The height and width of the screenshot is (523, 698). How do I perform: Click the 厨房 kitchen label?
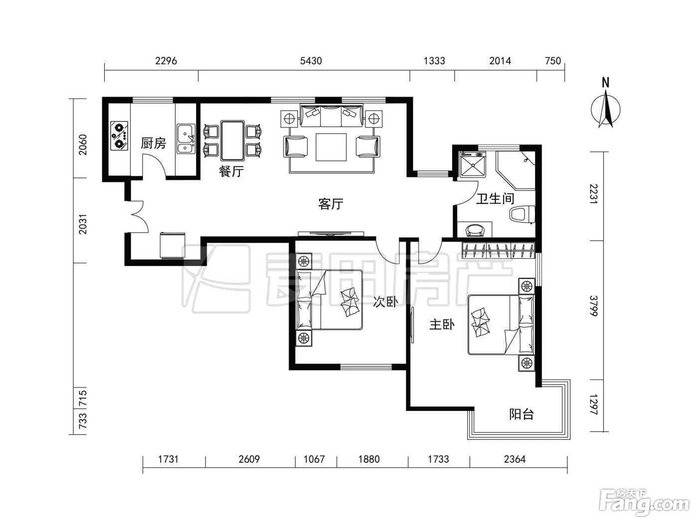click(153, 143)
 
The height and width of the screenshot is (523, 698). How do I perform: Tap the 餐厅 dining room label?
click(231, 171)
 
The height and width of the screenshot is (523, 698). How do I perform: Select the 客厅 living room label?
click(331, 204)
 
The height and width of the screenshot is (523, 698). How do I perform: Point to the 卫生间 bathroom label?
click(495, 199)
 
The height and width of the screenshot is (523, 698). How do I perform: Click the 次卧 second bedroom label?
click(385, 302)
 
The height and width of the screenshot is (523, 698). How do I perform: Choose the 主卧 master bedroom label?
click(442, 325)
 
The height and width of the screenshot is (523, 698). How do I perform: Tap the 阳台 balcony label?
click(522, 414)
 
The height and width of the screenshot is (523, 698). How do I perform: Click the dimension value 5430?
click(311, 61)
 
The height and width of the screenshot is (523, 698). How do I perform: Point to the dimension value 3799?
click(594, 306)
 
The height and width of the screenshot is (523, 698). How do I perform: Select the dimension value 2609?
click(249, 459)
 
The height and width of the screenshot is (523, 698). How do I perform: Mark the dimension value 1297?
click(594, 404)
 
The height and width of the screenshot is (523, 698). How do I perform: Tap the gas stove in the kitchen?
click(119, 135)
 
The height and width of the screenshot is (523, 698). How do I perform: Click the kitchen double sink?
click(186, 139)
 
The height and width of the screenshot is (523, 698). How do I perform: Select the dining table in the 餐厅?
click(232, 140)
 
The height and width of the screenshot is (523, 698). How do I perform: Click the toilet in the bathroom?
click(522, 215)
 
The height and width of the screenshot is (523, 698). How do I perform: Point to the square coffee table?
click(331, 147)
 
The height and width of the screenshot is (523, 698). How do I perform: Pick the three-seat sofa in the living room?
click(331, 116)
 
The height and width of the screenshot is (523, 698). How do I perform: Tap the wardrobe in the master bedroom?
click(498, 250)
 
